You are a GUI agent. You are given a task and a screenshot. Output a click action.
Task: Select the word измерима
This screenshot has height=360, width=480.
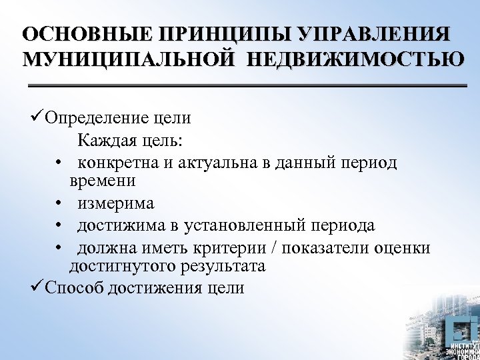115,203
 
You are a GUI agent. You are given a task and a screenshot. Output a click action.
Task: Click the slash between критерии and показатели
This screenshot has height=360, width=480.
275,248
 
